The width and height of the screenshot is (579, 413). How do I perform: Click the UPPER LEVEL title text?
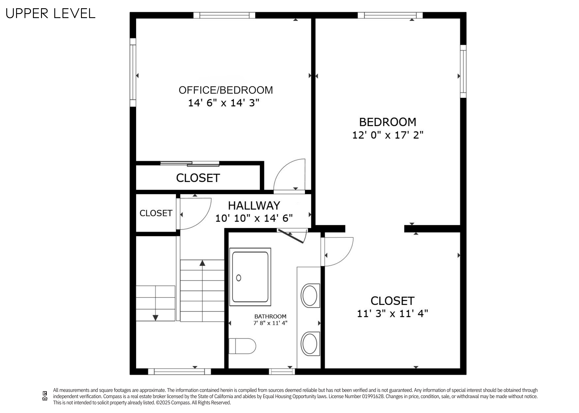50,13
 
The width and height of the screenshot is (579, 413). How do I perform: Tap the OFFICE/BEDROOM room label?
226,90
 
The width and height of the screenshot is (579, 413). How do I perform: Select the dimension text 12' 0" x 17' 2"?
387,135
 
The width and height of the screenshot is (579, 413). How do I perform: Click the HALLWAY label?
254,205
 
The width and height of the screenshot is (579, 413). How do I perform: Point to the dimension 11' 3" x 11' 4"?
392,314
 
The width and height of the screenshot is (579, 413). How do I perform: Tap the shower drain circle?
239,278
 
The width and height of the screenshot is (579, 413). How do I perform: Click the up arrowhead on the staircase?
202,263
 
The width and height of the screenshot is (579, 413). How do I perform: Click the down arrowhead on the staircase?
155,318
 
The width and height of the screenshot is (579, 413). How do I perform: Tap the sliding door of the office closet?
190,163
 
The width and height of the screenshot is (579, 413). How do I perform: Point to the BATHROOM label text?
270,316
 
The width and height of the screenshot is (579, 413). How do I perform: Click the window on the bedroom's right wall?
463,71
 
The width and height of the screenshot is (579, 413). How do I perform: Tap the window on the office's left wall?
133,72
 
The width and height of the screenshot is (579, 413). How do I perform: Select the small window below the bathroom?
282,372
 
